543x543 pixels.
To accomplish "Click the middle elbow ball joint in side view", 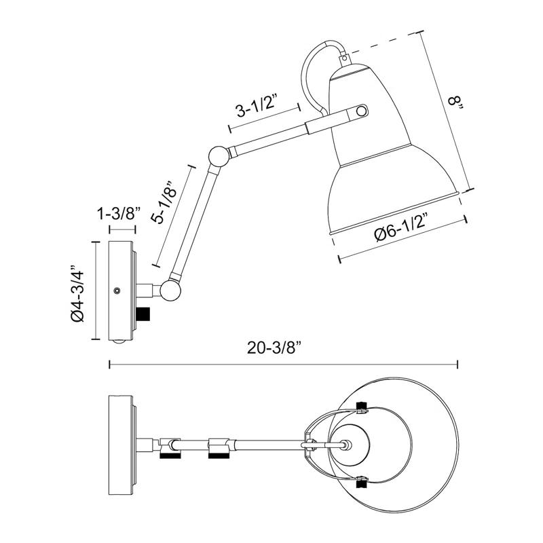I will click(x=219, y=157).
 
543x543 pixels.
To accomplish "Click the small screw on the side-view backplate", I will click(x=117, y=290).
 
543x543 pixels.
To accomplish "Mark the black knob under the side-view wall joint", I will click(x=143, y=315).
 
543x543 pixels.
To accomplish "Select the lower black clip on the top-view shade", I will click(x=361, y=483).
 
